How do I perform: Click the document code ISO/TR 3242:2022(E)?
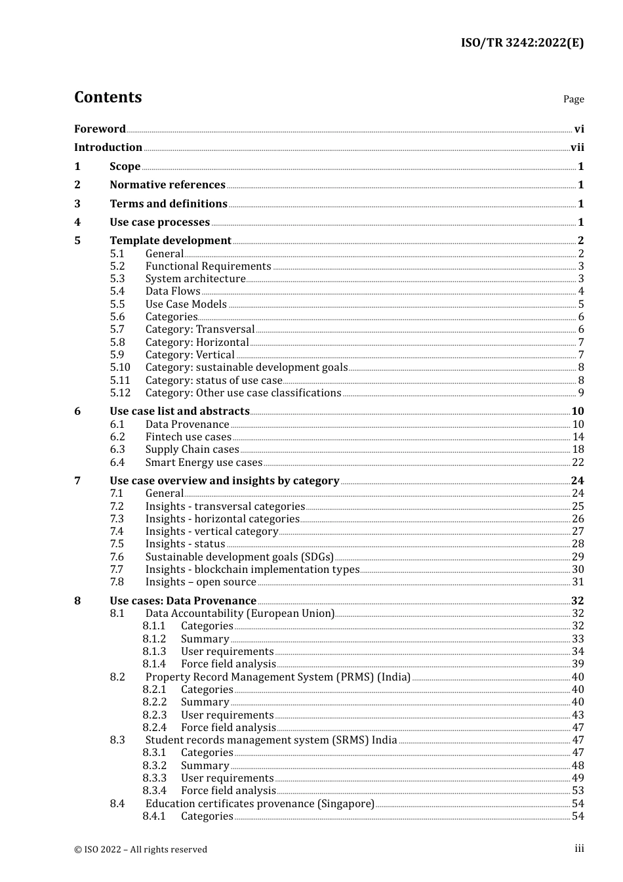(x=522, y=43)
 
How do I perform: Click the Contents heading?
(x=108, y=97)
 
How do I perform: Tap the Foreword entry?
(x=100, y=129)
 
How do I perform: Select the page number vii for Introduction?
(x=577, y=148)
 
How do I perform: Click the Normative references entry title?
(x=167, y=185)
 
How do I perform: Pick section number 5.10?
(x=120, y=367)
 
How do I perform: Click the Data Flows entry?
(x=172, y=291)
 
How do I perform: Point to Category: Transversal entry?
(x=199, y=329)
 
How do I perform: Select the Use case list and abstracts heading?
(x=179, y=411)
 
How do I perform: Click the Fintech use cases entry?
(x=188, y=437)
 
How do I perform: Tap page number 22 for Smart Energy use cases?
(x=578, y=463)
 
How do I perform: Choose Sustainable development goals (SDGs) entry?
(x=239, y=557)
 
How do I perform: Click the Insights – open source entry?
(x=201, y=582)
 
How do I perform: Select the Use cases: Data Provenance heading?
(x=183, y=601)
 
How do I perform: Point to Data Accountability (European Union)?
(x=239, y=614)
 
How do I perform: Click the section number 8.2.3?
(x=154, y=715)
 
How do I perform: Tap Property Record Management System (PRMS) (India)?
(x=277, y=677)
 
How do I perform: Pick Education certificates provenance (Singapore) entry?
(x=260, y=804)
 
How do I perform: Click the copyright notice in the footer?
(x=140, y=849)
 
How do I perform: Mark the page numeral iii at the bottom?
(x=579, y=849)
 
